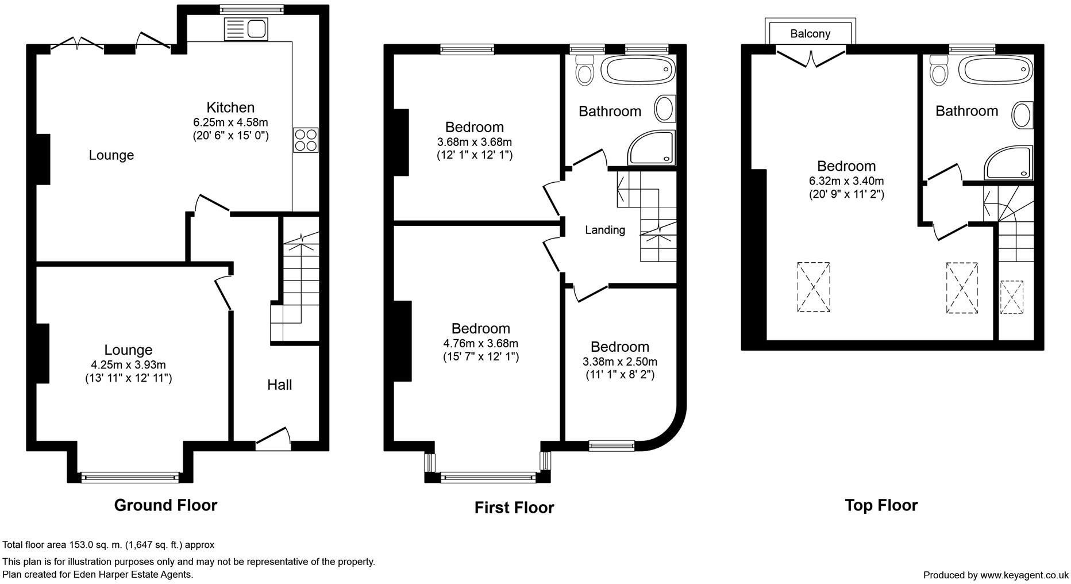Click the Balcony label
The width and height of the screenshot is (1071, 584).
click(x=810, y=34)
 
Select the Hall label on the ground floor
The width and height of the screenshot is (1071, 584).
click(x=280, y=385)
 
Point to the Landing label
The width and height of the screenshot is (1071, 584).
click(x=605, y=230)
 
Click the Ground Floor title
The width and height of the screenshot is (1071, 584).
click(x=165, y=505)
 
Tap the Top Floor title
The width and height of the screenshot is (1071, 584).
click(x=881, y=505)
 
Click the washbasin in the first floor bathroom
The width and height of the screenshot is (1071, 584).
click(x=665, y=109)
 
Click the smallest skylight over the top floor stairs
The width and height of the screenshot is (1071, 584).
click(x=1011, y=297)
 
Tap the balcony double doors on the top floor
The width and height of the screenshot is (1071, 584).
click(x=811, y=58)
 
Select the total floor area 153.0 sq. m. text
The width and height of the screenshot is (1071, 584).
click(x=109, y=545)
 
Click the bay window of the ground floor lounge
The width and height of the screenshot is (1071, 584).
click(x=130, y=477)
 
